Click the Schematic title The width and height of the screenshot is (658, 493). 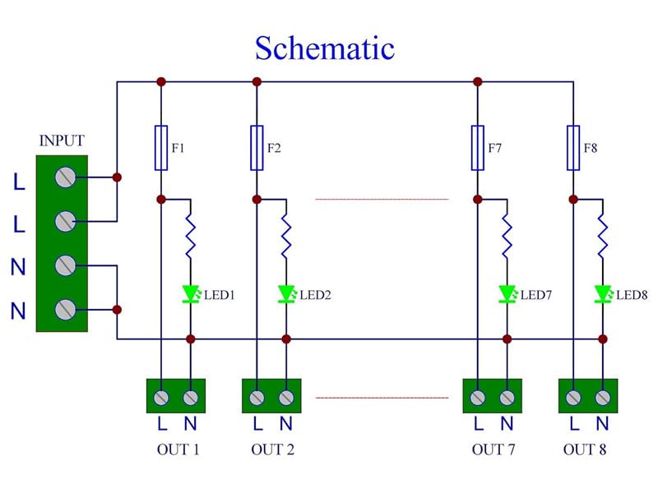(324, 48)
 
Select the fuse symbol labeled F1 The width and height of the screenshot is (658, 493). (161, 148)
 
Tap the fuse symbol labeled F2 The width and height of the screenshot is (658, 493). (257, 148)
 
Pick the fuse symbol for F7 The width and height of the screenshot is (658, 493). (477, 148)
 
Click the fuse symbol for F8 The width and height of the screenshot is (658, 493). (573, 148)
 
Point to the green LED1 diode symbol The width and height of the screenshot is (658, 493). (191, 293)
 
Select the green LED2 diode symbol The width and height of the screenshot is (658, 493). (286, 293)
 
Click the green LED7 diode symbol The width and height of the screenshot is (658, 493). (507, 293)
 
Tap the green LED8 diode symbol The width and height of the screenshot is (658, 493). (603, 293)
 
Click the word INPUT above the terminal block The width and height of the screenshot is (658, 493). (61, 141)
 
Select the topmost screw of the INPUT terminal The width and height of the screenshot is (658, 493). (65, 177)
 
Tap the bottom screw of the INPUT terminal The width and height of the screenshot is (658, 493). (65, 309)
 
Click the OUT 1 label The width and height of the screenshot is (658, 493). (178, 449)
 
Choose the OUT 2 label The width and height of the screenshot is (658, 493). (273, 449)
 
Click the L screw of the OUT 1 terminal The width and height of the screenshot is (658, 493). (162, 398)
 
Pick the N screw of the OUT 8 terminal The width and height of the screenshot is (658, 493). (603, 398)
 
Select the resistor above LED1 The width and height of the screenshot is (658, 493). (191, 234)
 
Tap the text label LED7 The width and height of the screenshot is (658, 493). (535, 294)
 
